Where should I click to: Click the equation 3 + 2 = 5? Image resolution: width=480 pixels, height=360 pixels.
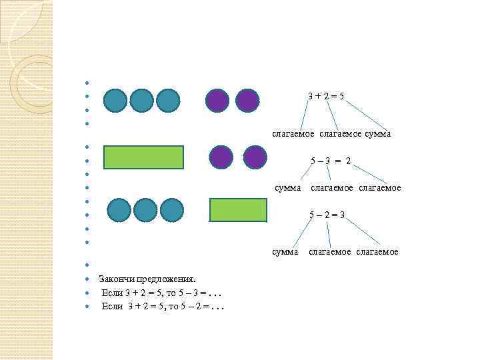326,96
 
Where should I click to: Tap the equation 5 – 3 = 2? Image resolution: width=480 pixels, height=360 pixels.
331,161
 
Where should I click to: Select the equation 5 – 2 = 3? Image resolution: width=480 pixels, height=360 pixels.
327,215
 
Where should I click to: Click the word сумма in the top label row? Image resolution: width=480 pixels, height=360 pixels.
377,134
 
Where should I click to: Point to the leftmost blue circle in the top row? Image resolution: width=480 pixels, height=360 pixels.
116,101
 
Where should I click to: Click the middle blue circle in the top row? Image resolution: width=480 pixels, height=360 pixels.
142,101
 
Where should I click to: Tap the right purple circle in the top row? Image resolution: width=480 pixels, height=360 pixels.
247,101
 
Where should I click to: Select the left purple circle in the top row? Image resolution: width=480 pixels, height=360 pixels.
217,101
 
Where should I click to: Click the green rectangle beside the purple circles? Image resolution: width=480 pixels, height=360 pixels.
143,157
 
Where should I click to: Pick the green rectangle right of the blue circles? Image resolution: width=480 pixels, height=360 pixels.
238,209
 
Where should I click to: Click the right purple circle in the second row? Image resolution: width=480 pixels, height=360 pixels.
255,157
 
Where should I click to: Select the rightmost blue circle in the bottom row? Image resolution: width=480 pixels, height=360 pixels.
172,210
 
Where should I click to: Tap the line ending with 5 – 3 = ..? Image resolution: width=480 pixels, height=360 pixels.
162,293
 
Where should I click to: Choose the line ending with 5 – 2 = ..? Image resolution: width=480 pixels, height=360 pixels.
162,306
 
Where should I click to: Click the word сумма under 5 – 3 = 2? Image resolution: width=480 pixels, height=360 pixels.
289,188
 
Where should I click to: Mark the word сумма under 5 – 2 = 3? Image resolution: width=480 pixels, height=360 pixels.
285,252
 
